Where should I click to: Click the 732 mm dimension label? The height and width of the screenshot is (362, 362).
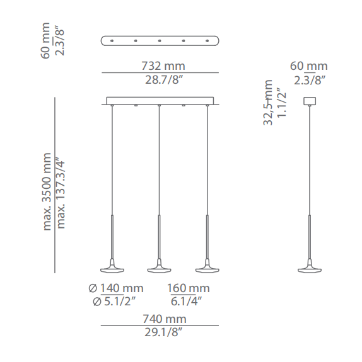pos(163,66)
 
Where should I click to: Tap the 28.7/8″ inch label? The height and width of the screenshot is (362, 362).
pos(164,80)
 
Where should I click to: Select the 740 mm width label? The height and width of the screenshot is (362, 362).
pos(165,319)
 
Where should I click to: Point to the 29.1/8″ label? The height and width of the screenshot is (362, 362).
pos(163,332)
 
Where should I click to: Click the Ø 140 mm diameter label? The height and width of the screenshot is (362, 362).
pos(116,288)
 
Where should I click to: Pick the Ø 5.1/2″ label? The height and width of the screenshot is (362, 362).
pos(114,302)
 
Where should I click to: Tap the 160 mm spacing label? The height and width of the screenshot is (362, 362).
pos(189,288)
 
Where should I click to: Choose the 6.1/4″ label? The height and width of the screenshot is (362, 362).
pos(187,302)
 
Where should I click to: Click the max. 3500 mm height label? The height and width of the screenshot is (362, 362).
pos(47,191)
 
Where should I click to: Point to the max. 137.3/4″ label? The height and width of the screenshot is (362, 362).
pos(61,193)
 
